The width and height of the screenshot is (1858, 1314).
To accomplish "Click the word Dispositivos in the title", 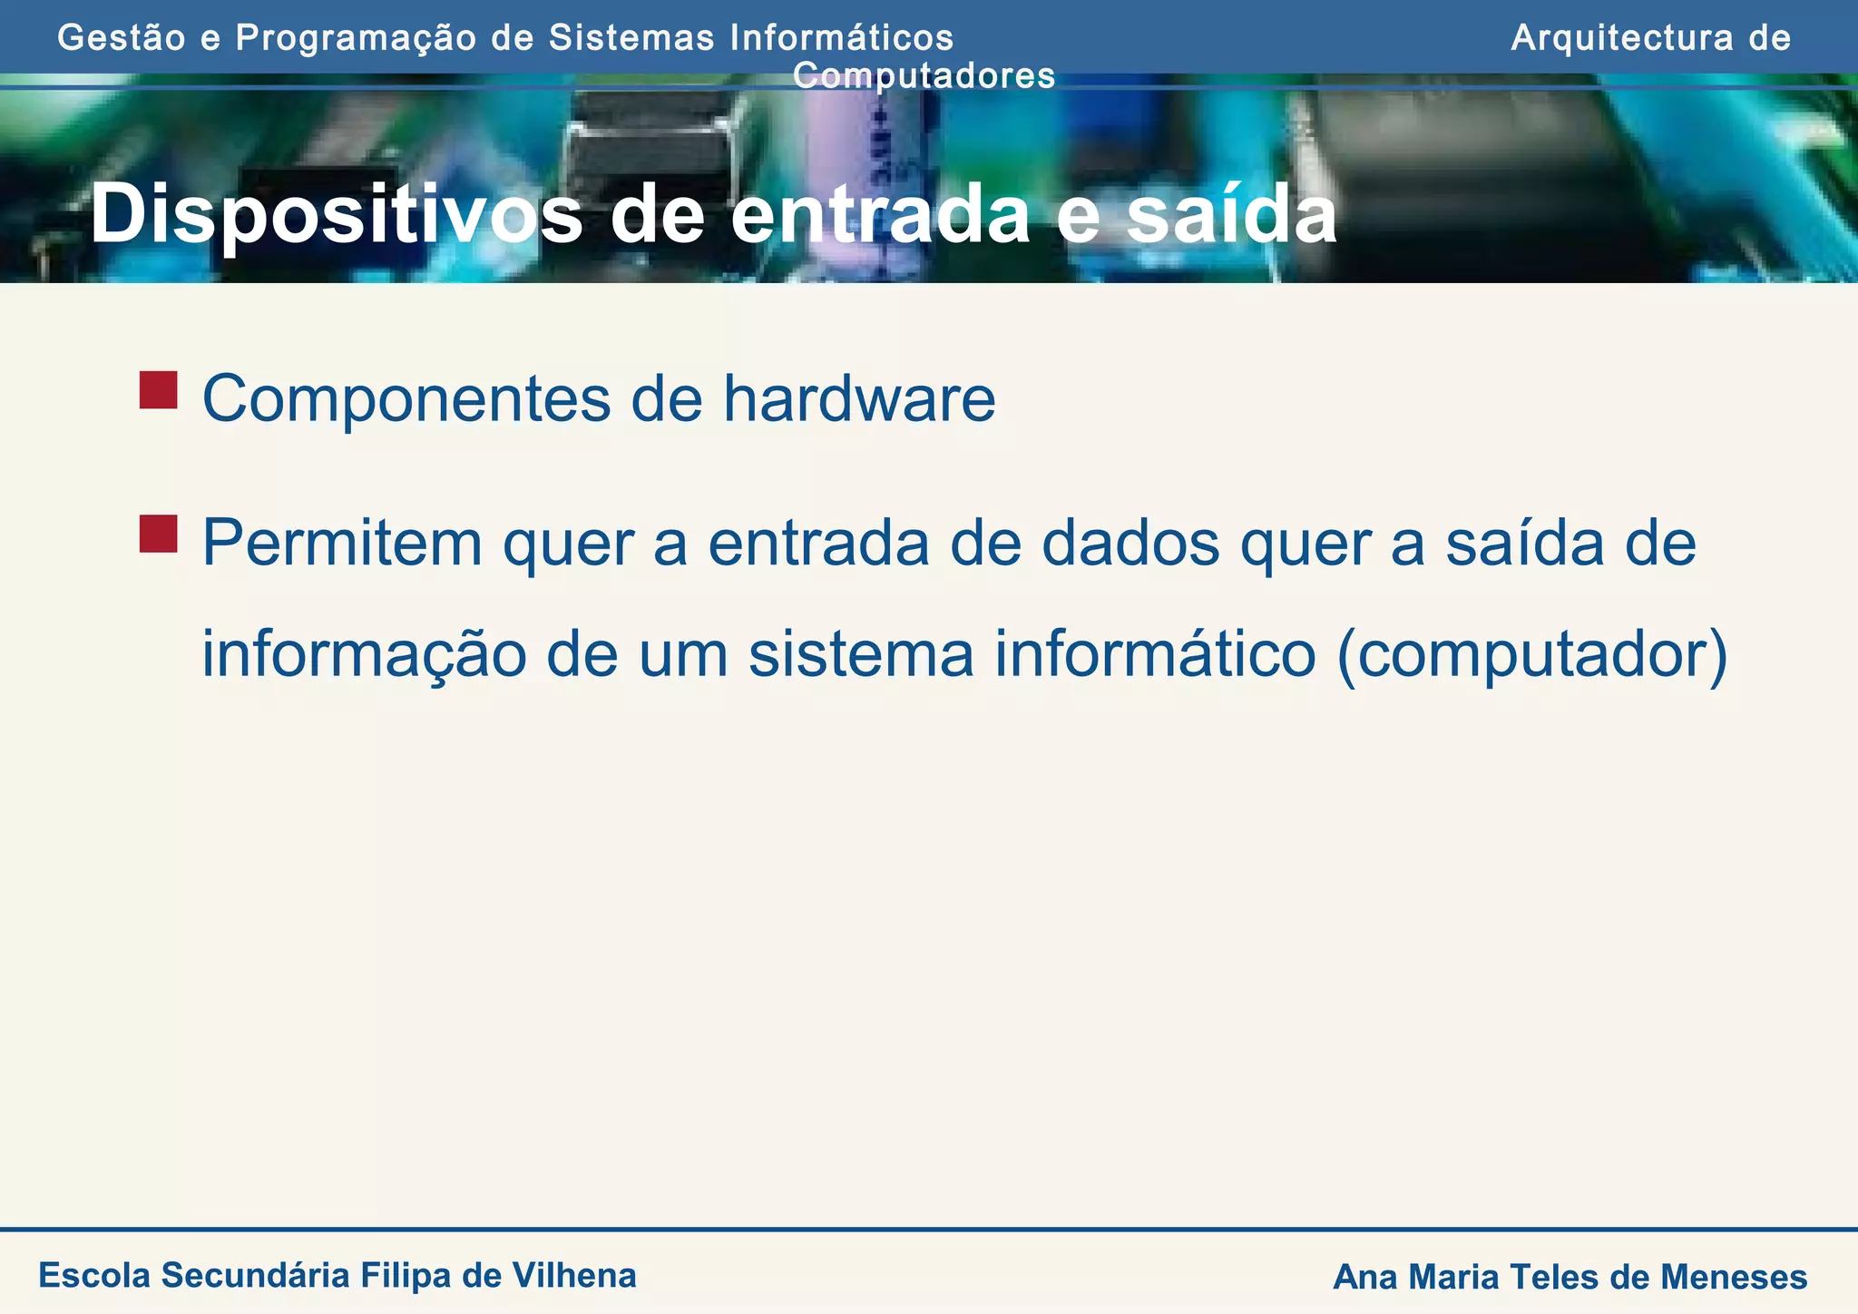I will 336,216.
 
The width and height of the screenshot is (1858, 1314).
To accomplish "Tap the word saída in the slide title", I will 1231,216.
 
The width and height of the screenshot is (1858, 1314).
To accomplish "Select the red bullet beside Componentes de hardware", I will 158,390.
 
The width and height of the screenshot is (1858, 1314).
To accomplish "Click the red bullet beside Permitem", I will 158,534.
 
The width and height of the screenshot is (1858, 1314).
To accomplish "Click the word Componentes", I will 406,399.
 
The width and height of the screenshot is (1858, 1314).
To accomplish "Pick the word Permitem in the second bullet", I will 342,543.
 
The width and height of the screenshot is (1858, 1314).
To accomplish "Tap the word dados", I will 1129,543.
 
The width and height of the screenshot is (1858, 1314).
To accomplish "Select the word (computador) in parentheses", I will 1532,655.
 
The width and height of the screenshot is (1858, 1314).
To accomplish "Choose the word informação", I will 364,655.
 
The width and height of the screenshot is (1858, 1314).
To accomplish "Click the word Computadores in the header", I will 924,75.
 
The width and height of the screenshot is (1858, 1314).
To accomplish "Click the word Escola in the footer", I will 94,1275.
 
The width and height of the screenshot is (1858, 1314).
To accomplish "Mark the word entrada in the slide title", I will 880,216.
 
